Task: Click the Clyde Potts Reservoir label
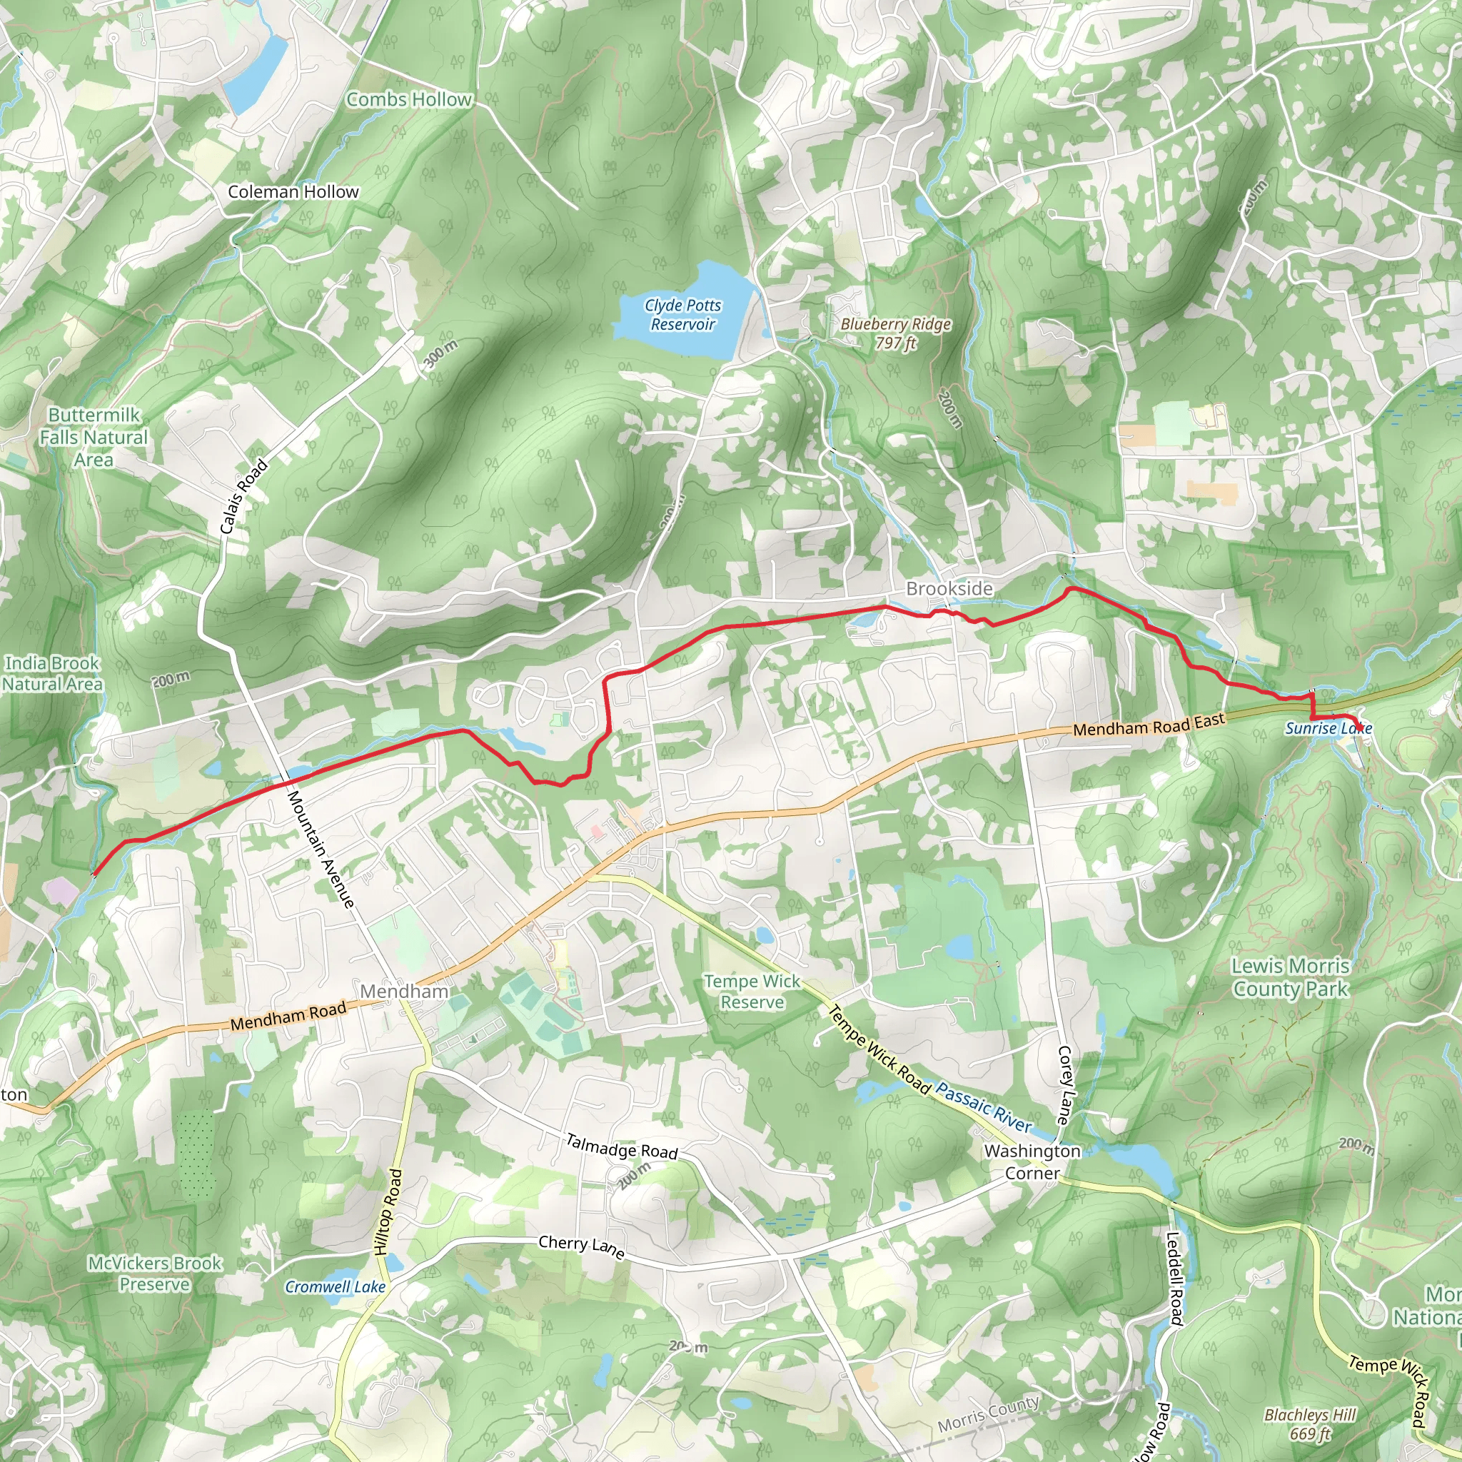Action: (682, 315)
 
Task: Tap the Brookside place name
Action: (949, 589)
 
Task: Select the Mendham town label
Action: (404, 992)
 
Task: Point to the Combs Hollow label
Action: (408, 100)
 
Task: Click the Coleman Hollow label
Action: (293, 192)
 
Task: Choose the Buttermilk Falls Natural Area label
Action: (94, 438)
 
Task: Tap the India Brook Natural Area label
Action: (52, 673)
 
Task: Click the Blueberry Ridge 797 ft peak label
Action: (896, 333)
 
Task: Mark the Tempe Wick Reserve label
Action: (752, 992)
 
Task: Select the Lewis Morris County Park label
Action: (1291, 977)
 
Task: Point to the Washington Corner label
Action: (1032, 1161)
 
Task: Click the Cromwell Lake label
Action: (336, 1287)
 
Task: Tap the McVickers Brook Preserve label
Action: (155, 1274)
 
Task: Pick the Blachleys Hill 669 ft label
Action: (1311, 1424)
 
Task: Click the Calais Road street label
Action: (243, 496)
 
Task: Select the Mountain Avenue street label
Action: (320, 849)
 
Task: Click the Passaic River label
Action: (984, 1107)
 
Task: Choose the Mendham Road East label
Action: (1149, 725)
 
